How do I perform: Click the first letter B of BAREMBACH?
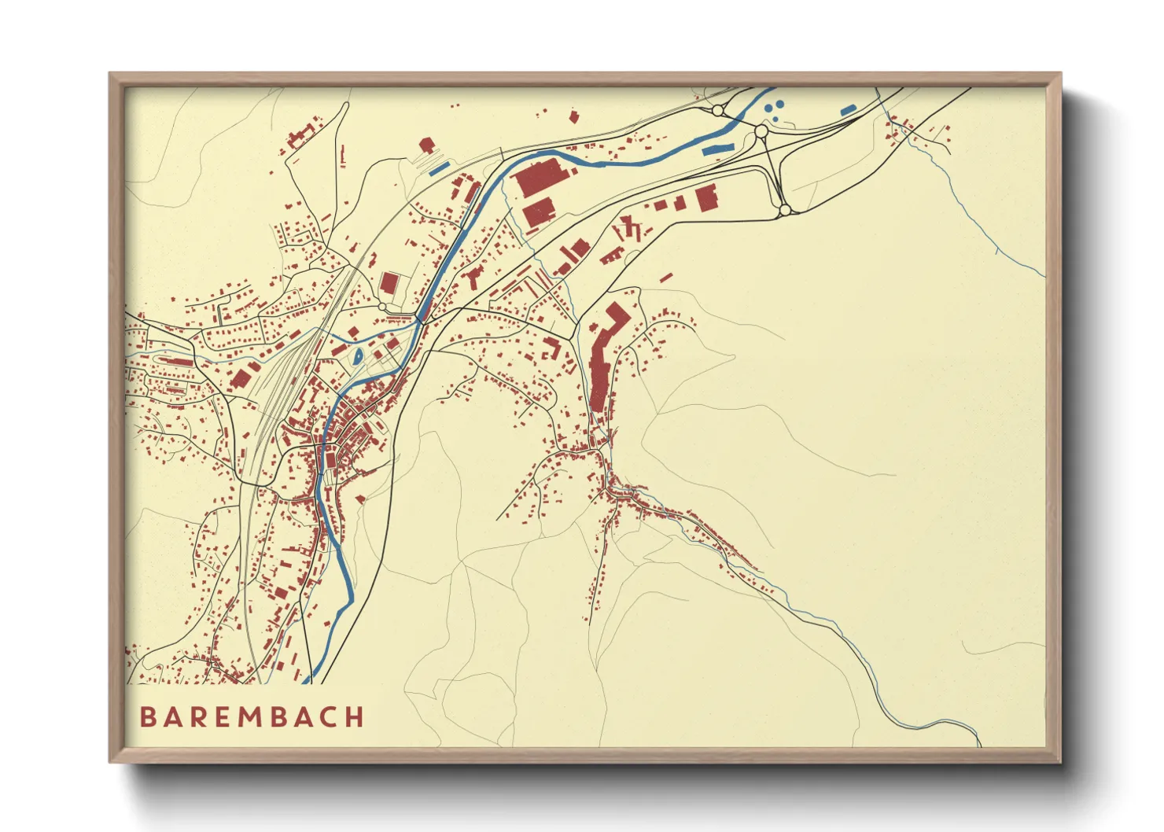[147, 717]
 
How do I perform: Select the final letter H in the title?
[355, 717]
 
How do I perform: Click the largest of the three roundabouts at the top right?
[761, 131]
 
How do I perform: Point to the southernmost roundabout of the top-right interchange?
[783, 210]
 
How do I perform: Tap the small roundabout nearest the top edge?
[717, 111]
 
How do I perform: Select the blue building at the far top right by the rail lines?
[848, 110]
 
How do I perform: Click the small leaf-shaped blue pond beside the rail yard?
[359, 357]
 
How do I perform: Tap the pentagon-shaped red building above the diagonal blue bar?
[426, 145]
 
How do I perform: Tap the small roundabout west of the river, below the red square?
[382, 307]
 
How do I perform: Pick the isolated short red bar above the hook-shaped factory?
[666, 278]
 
